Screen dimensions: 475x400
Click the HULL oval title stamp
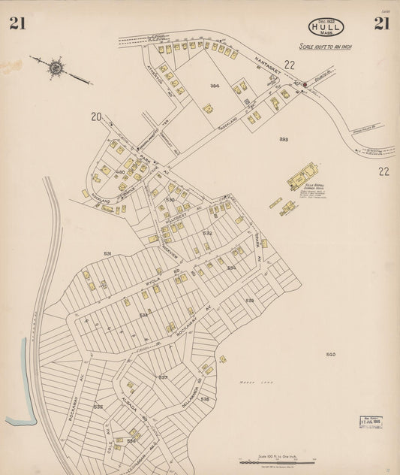[x=326, y=28]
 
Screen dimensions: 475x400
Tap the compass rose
[x=56, y=68]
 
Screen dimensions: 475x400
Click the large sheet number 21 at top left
[x=17, y=23]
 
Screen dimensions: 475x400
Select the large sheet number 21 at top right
[x=382, y=23]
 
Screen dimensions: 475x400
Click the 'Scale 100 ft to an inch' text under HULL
[x=326, y=47]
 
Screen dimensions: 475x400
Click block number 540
[x=330, y=353]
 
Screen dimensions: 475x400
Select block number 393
[x=284, y=139]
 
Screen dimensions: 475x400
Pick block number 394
[x=215, y=86]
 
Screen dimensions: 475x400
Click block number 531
[x=108, y=254]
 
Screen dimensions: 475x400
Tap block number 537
[x=163, y=377]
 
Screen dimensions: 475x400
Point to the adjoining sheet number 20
[x=95, y=116]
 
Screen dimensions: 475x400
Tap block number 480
[x=120, y=171]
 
